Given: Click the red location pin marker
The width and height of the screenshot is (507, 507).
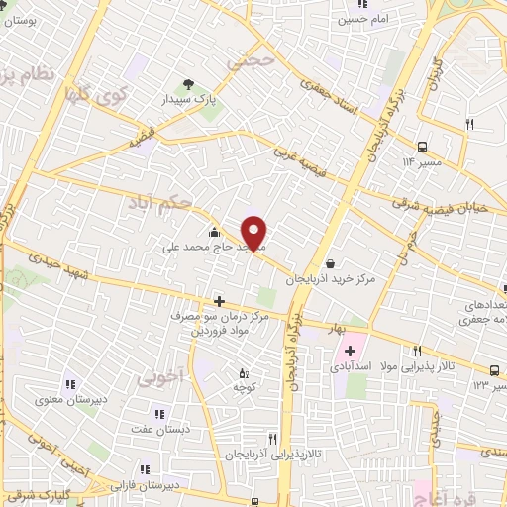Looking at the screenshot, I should pyautogui.click(x=254, y=232).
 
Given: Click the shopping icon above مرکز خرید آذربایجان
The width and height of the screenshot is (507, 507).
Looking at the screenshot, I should pyautogui.click(x=330, y=263).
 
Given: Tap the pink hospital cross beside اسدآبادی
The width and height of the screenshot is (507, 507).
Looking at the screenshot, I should pyautogui.click(x=350, y=351).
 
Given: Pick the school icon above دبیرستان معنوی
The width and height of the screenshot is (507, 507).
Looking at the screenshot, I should pyautogui.click(x=69, y=384).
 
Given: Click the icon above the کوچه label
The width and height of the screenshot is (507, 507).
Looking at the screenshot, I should pyautogui.click(x=245, y=373).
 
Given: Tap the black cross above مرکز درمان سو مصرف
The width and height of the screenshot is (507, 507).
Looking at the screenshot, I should pyautogui.click(x=219, y=301).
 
